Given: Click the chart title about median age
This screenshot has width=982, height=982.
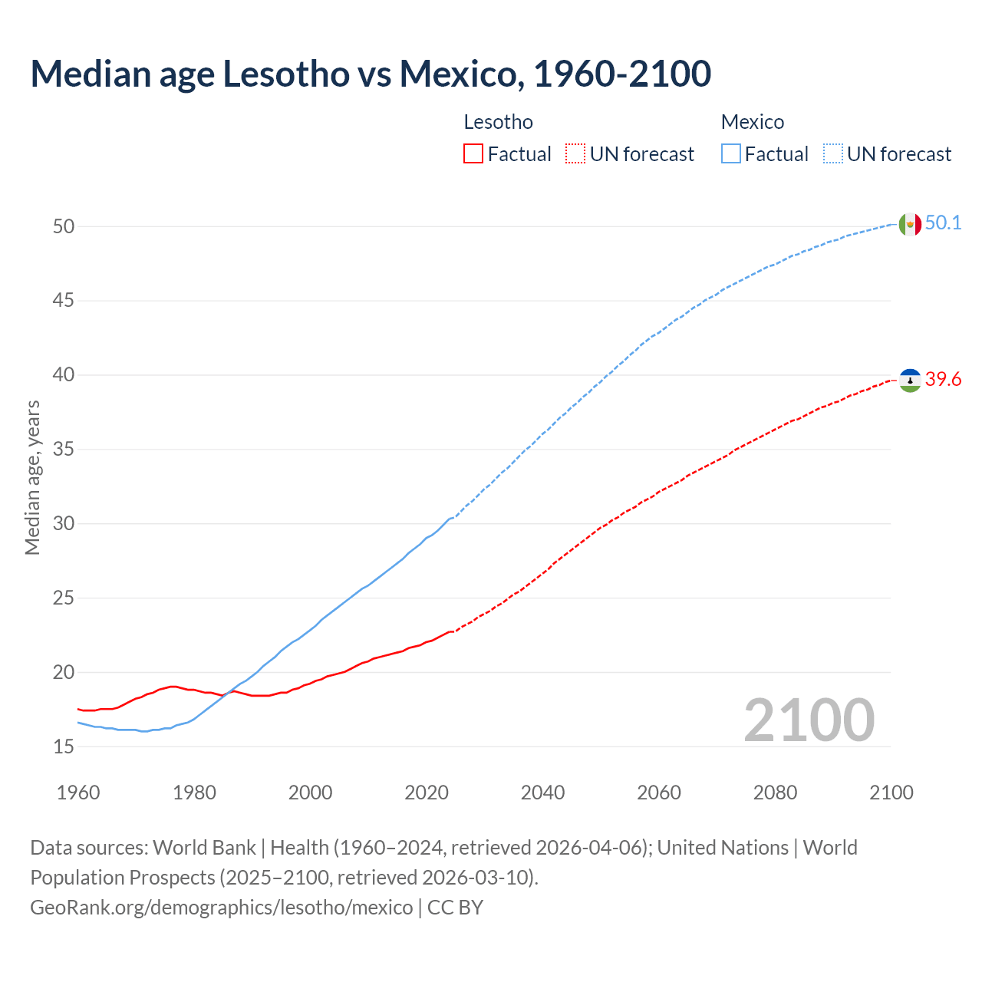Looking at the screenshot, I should point(371,74).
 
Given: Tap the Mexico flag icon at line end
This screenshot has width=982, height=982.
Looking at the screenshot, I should point(910,224).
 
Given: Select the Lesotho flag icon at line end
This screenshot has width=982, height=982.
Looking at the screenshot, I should point(910,380).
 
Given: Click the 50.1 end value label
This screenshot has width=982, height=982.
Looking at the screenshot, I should point(943,223).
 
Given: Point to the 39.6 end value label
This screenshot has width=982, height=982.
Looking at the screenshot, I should point(943,380).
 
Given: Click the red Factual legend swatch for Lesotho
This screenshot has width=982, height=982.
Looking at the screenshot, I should point(473,154).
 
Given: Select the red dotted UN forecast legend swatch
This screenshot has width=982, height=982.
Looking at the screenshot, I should point(575,154).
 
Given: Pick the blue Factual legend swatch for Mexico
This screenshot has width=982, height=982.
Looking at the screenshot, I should point(731,154).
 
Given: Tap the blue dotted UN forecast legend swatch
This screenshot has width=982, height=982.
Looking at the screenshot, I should point(833,154).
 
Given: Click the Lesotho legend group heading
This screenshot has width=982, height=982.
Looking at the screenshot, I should point(498,122).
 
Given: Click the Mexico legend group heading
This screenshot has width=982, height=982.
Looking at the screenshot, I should point(752,122).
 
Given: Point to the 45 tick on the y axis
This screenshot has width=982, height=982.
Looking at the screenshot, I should point(64,301).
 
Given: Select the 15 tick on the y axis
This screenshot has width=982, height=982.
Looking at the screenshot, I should point(64,746).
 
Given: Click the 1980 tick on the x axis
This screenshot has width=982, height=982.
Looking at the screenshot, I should point(194,793).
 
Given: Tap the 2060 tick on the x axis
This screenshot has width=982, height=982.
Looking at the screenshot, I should point(659,793).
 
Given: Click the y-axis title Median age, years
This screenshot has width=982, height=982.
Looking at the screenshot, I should point(32,477).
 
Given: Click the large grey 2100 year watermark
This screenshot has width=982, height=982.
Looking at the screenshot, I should point(809,720).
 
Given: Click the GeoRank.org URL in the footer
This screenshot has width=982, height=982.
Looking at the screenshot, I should point(221,908).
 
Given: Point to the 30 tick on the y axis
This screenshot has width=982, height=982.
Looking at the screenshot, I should point(64,523).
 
